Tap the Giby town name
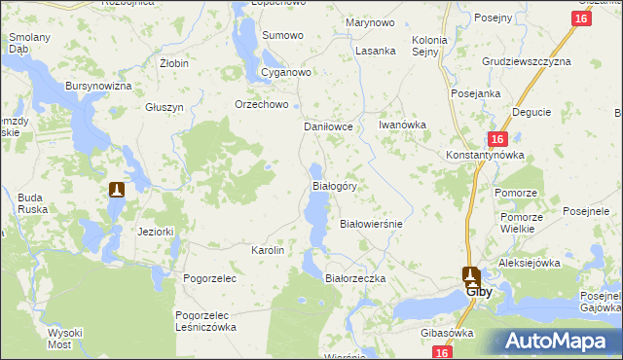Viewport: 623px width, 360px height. (477, 291)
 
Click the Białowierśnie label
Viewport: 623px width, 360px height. (370, 223)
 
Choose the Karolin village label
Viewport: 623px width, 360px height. (268, 250)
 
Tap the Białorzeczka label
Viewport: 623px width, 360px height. (355, 278)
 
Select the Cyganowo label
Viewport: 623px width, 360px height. (285, 73)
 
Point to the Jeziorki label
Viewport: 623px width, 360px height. (156, 232)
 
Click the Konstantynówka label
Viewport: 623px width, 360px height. (485, 155)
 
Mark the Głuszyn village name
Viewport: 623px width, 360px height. (165, 107)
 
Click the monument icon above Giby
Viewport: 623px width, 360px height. (471, 274)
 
